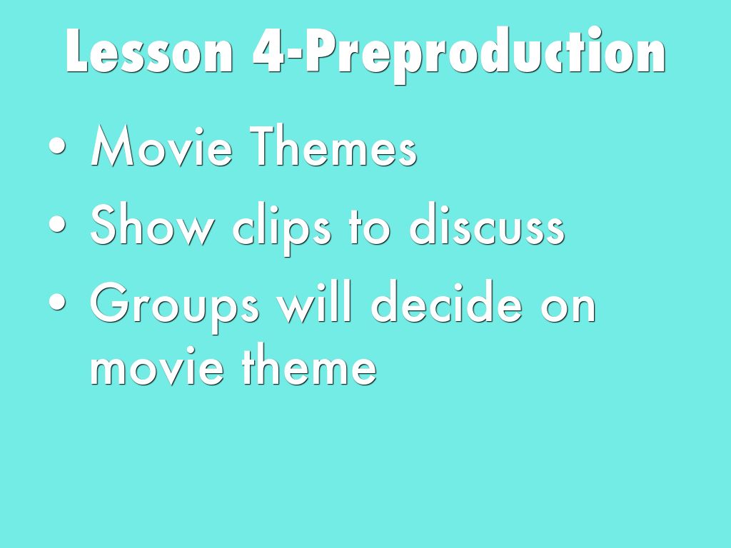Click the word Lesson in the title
click(x=149, y=51)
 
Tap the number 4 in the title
click(x=268, y=51)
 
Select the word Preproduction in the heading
click(x=485, y=55)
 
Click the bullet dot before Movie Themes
click(x=57, y=146)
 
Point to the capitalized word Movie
click(x=161, y=146)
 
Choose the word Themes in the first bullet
click(x=333, y=146)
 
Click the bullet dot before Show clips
click(x=57, y=224)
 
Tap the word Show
click(x=153, y=224)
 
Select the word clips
click(x=281, y=228)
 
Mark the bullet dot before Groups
click(x=57, y=303)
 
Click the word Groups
click(x=175, y=306)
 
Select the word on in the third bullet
click(x=568, y=308)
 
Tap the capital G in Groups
click(x=109, y=302)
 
